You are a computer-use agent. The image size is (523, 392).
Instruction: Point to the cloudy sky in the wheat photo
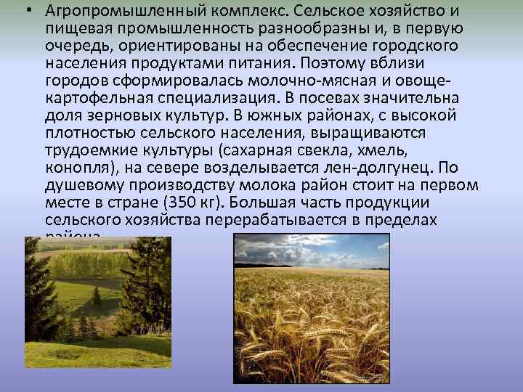tap(312, 250)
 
